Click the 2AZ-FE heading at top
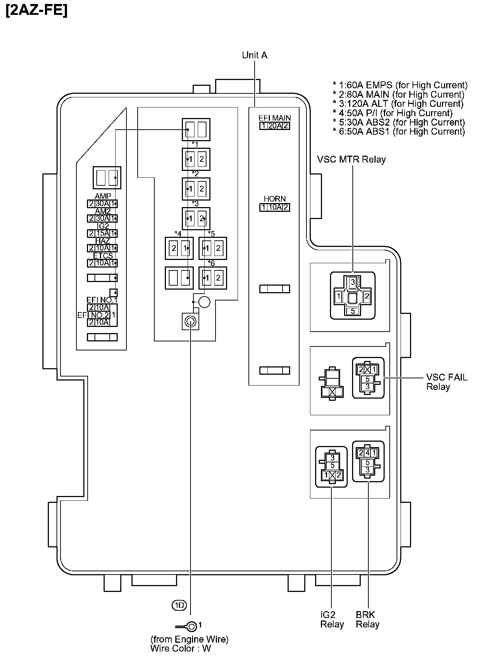[37, 10]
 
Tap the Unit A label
[255, 55]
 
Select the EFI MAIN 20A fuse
[275, 126]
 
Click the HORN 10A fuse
[275, 207]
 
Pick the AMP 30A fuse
[103, 204]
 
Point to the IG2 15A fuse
[103, 234]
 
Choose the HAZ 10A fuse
[103, 248]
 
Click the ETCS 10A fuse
[103, 263]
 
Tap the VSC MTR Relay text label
[351, 159]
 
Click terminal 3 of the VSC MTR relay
[352, 282]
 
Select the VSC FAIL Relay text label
[446, 382]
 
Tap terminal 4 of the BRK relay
[367, 453]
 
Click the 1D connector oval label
[179, 605]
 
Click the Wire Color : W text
[180, 648]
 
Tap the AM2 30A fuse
[103, 219]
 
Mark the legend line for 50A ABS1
[399, 131]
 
